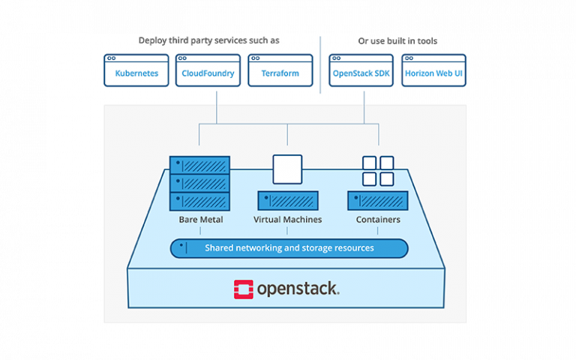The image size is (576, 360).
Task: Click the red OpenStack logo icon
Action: [x=243, y=289]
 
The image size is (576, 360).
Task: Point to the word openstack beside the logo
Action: [x=298, y=289]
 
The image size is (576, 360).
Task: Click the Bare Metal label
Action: [x=199, y=220]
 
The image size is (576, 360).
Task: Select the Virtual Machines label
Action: [x=288, y=220]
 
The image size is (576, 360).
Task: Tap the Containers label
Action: [x=378, y=220]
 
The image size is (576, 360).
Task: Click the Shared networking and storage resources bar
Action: [x=289, y=248]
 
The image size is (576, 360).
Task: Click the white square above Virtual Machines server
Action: [x=287, y=169]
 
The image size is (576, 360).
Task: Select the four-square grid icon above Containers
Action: [x=378, y=170]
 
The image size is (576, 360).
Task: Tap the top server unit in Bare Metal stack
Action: [x=199, y=165]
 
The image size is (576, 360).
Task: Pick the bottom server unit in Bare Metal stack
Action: [x=199, y=201]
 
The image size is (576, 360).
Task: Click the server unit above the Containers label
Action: [x=378, y=200]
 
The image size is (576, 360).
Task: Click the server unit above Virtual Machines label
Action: [x=288, y=200]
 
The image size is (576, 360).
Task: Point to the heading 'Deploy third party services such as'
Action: [x=209, y=40]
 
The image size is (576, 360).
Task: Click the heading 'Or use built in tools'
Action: [x=397, y=40]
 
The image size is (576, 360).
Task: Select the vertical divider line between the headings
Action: [x=321, y=64]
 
